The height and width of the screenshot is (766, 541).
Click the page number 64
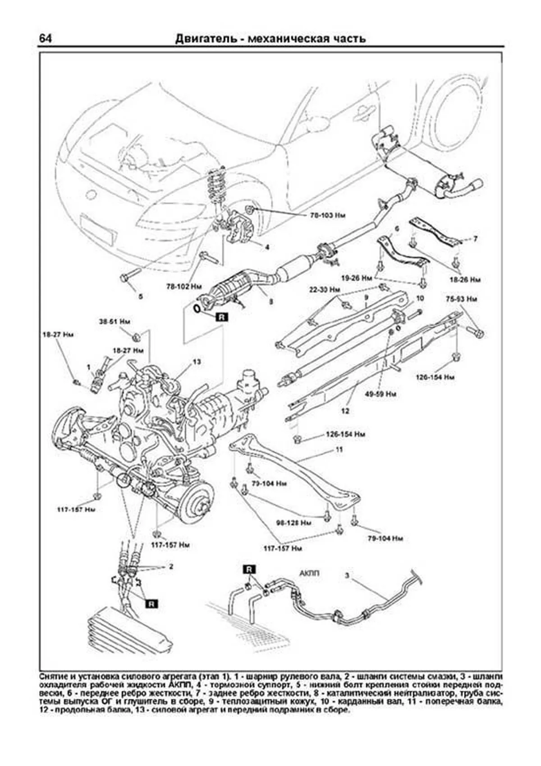point(45,38)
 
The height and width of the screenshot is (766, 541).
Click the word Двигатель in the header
point(205,39)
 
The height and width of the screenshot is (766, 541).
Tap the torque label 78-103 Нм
point(327,216)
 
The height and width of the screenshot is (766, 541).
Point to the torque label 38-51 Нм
point(115,322)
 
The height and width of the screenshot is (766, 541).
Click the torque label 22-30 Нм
point(325,289)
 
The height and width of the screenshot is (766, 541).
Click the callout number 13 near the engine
point(197,362)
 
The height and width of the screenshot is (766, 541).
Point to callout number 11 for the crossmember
point(339,450)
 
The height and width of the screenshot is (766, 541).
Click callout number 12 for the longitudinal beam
point(345,411)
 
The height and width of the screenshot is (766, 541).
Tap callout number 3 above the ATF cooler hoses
point(347,576)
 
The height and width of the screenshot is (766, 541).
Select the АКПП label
point(309,573)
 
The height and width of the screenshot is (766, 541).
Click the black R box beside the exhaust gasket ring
point(221,317)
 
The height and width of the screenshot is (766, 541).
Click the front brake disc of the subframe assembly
point(197,502)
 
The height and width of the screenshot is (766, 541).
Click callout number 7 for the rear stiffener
point(475,239)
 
